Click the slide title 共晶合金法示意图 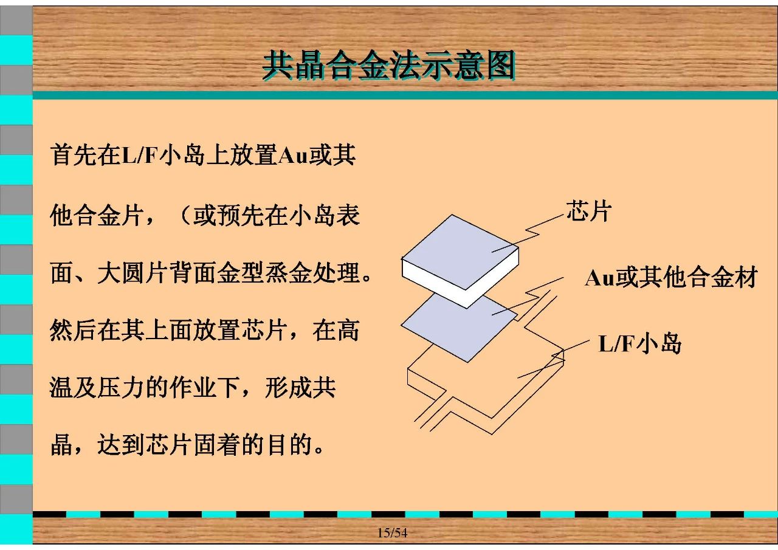tap(388, 65)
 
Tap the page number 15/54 tap(393, 532)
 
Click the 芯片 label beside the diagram tap(589, 210)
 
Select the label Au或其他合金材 tap(671, 278)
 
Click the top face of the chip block tap(460, 251)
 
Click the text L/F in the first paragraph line tap(139, 155)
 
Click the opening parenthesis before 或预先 tap(184, 215)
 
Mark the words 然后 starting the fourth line tap(74, 330)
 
